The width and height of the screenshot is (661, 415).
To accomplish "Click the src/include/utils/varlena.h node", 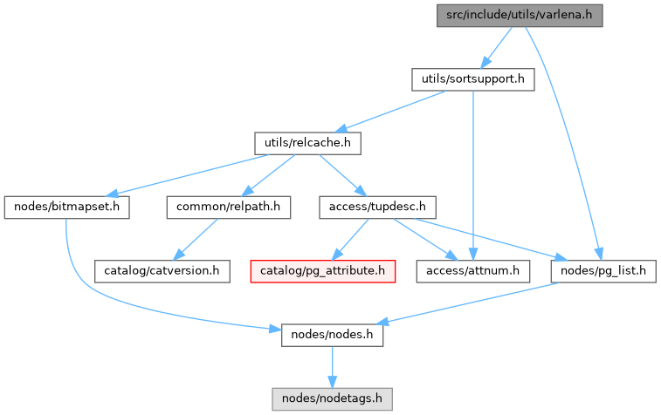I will pos(520,15).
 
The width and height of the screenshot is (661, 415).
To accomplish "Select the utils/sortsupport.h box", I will pos(472,79).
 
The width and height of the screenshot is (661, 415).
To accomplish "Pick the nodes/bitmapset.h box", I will pos(67,207).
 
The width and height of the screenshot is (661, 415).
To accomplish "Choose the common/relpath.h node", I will pos(229,207).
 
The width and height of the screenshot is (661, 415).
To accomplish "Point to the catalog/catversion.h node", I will pos(162,271).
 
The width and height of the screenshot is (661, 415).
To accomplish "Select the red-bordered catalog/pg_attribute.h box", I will pos(323,271).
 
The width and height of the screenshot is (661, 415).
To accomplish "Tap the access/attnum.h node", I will pos(472,271).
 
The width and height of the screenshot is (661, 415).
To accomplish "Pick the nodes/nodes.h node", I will pos(332,335).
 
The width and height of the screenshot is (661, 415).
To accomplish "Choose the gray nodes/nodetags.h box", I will pos(332,398).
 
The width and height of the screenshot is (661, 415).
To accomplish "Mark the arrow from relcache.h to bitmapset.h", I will pos(192,174).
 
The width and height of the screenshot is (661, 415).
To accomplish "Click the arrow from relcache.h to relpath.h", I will pos(269,174).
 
